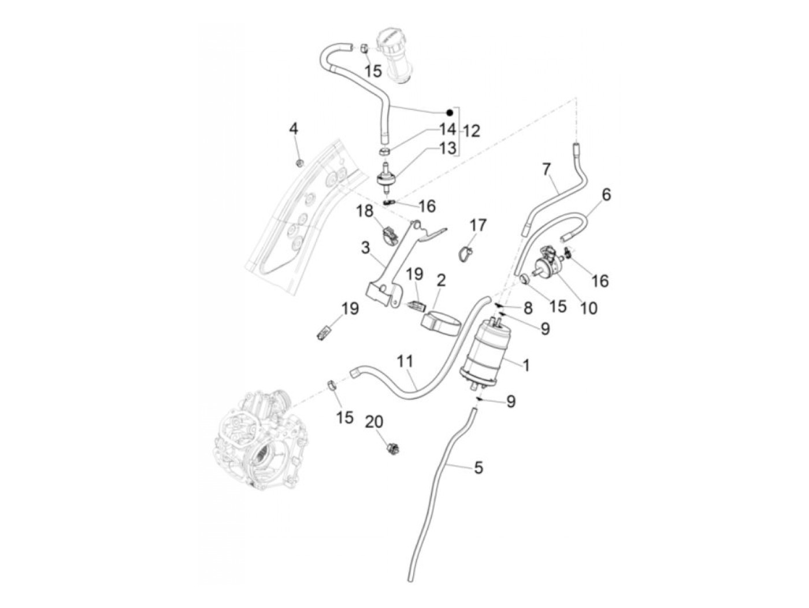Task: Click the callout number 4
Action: pos(294,129)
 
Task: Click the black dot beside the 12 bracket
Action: pos(449,112)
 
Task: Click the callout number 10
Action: pos(589,308)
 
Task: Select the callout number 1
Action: pos(526,365)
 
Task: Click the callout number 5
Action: pos(478,468)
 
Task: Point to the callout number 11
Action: pos(406,362)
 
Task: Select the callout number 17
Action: pos(478,225)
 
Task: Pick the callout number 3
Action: pos(365,248)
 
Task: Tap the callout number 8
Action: pos(528,307)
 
